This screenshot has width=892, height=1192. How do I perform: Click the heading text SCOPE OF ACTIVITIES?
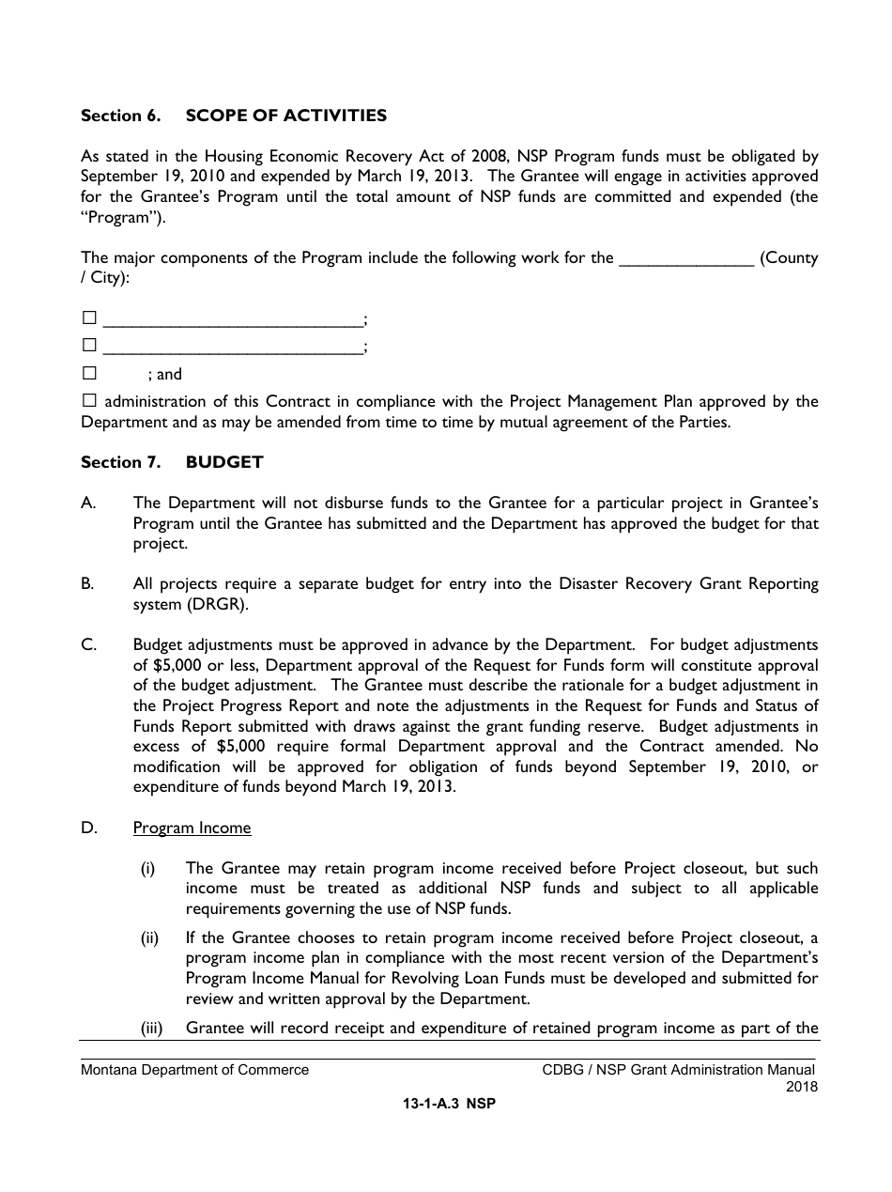coord(285,116)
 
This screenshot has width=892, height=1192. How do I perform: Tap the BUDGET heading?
coord(224,462)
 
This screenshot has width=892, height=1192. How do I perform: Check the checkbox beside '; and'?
coord(89,373)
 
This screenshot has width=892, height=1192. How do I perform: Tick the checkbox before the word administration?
coord(89,400)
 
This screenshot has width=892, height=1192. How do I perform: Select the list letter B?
coord(87,584)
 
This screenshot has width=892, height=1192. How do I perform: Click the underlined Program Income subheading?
coord(192,828)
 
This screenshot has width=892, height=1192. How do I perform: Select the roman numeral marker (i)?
coord(148,869)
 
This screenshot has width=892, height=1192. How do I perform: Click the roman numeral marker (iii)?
coord(152,1028)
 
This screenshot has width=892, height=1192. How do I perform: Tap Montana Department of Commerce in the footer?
coord(194,1070)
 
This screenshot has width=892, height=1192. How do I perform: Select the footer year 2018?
coord(802,1087)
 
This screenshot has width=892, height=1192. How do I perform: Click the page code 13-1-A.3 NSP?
coord(448,1105)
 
